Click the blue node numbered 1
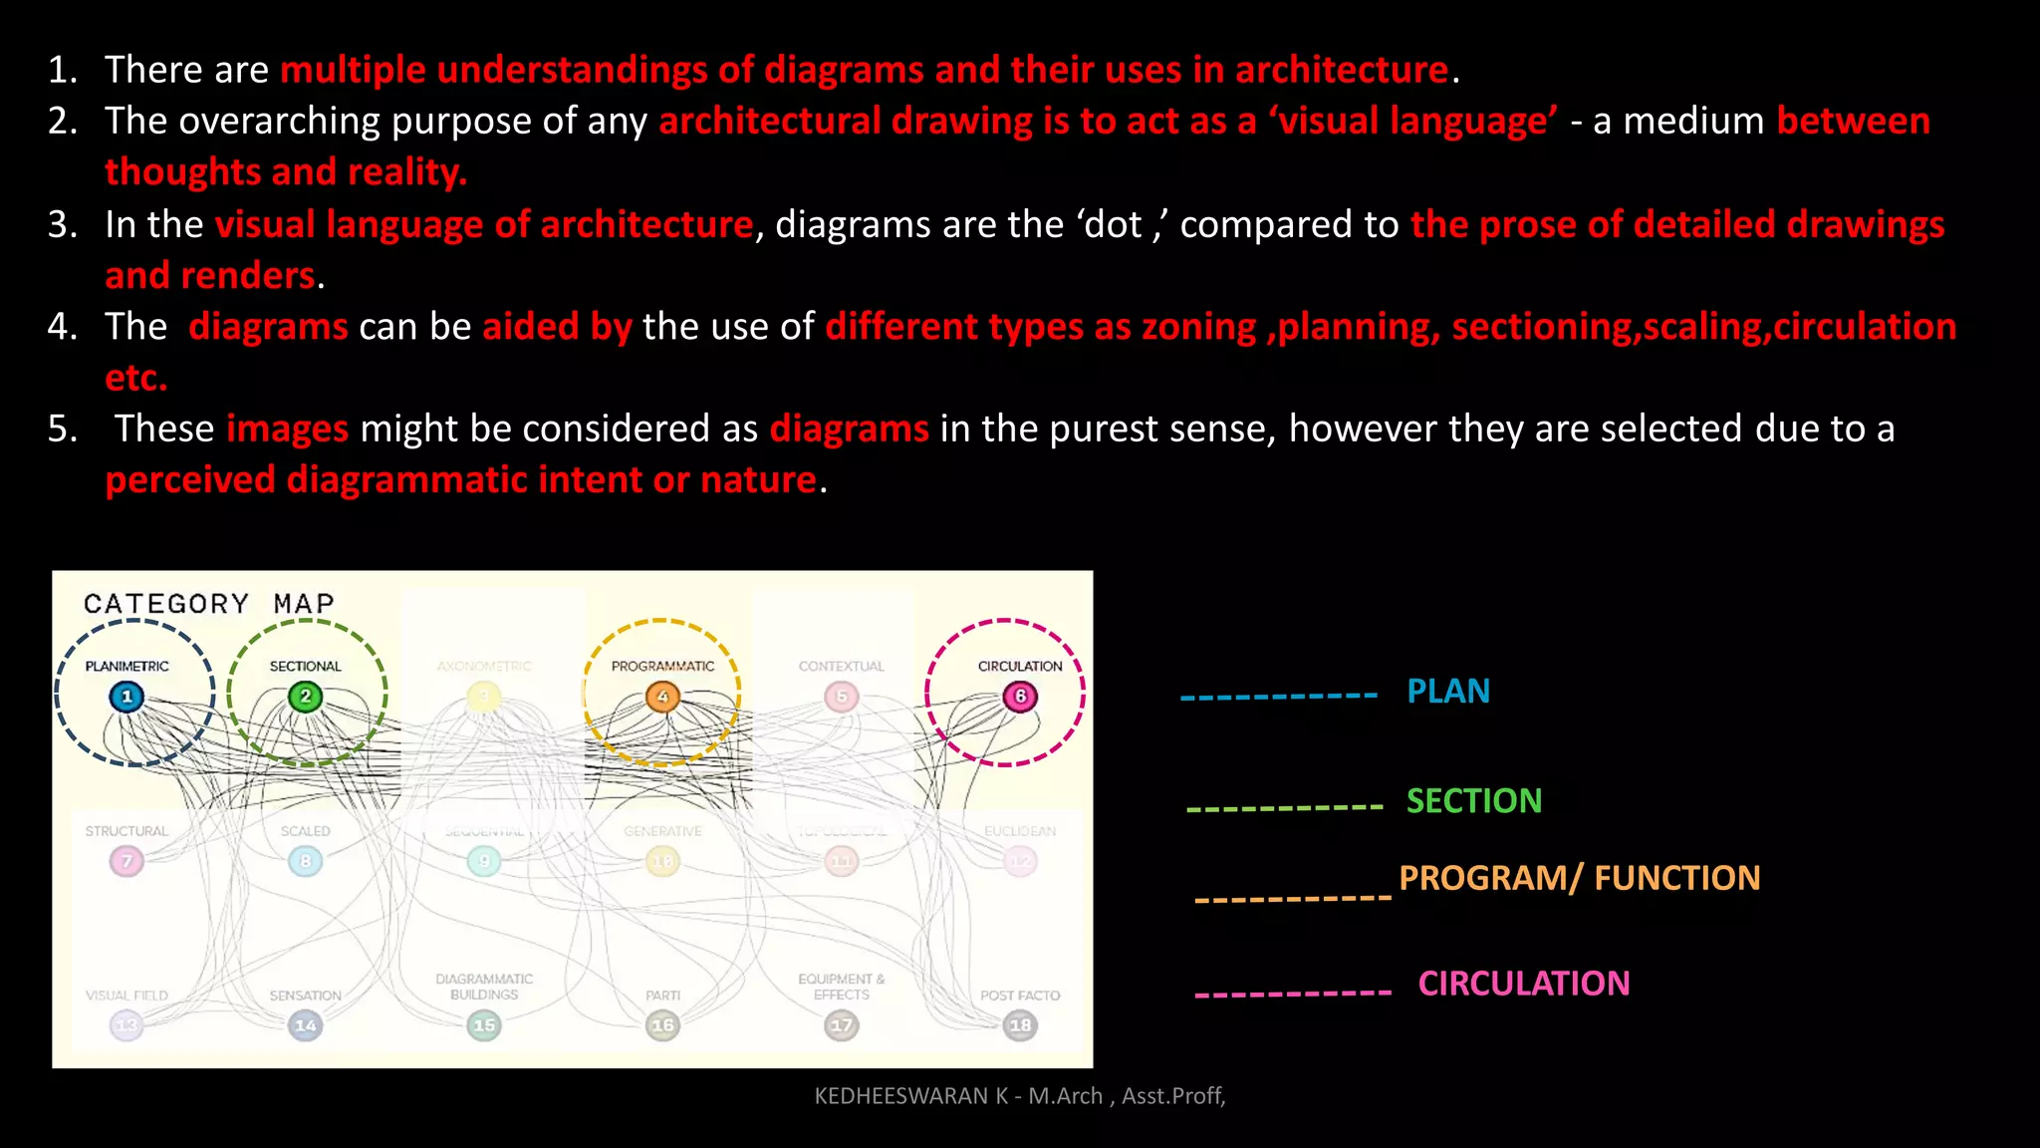[x=127, y=697]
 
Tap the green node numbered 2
[x=306, y=697]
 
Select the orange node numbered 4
[x=662, y=697]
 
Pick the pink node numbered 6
[x=1020, y=697]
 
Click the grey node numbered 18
[x=1020, y=1025]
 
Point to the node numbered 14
[x=306, y=1025]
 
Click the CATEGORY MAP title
[x=209, y=604]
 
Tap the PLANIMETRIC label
[x=127, y=666]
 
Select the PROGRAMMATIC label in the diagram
[x=662, y=666]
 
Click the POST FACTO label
[x=1020, y=996]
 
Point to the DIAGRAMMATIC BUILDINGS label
[x=484, y=987]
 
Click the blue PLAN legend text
[x=1448, y=692]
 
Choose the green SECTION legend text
[x=1474, y=801]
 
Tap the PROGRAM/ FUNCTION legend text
[x=1580, y=878]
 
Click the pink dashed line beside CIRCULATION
[x=1293, y=994]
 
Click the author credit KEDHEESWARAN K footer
[x=1020, y=1096]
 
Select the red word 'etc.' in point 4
[x=136, y=379]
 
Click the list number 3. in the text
[x=63, y=224]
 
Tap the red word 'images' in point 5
[x=287, y=430]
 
